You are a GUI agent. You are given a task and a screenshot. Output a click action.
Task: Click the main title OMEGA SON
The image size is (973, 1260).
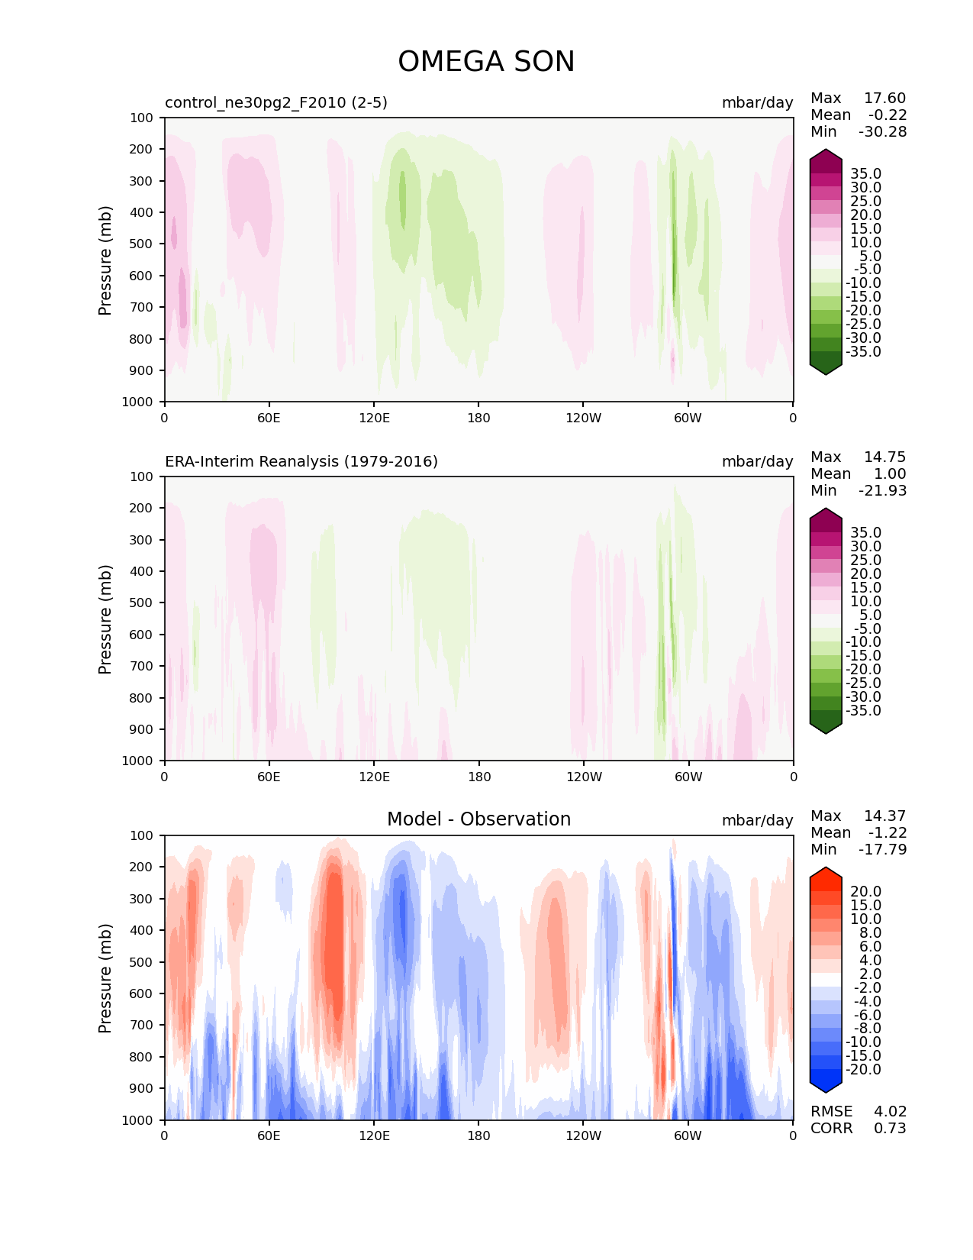click(486, 62)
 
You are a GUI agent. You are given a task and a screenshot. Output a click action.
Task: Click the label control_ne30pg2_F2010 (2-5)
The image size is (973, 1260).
click(276, 102)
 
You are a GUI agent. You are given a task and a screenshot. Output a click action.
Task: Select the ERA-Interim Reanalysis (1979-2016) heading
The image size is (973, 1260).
click(301, 461)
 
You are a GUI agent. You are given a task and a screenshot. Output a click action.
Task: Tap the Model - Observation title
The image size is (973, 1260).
click(478, 819)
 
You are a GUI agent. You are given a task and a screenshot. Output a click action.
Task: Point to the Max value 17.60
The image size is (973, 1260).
click(884, 99)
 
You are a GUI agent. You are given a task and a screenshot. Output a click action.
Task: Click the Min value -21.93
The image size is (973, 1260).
click(882, 491)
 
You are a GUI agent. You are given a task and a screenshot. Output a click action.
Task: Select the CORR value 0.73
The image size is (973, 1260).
click(890, 1129)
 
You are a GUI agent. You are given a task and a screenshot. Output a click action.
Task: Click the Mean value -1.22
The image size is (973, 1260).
click(887, 833)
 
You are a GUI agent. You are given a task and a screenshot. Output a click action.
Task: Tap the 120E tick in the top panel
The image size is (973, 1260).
click(374, 418)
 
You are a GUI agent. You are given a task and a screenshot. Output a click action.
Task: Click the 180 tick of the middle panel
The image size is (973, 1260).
click(478, 777)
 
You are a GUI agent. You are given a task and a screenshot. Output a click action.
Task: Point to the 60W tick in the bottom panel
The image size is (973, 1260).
click(688, 1136)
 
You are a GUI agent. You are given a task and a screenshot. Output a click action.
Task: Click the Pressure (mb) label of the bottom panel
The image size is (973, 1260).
click(105, 978)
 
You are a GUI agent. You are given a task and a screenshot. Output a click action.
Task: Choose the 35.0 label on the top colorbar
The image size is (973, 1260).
click(865, 174)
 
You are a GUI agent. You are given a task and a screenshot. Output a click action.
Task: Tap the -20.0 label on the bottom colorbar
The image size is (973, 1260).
click(862, 1070)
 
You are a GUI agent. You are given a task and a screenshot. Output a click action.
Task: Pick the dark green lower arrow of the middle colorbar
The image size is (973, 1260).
click(826, 726)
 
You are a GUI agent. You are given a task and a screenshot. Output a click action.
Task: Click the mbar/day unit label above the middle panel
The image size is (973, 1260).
click(757, 462)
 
